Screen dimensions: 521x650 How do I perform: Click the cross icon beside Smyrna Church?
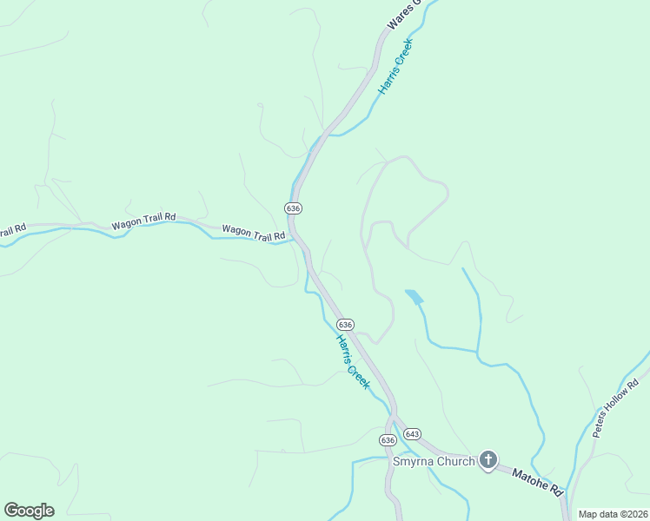click(488, 460)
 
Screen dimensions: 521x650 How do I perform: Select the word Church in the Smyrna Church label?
click(455, 461)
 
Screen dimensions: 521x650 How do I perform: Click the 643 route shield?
click(412, 433)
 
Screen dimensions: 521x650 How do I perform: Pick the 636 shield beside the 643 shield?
click(388, 440)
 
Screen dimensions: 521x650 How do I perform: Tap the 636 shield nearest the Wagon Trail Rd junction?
click(293, 208)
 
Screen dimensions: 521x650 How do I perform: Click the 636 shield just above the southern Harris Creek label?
click(345, 324)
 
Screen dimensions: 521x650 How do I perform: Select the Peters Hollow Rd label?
click(615, 407)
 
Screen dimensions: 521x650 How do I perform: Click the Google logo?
click(29, 511)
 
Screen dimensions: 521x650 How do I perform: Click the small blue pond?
click(414, 296)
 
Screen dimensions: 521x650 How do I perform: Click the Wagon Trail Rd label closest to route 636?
click(254, 233)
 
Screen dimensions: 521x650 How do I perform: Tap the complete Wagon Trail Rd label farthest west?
click(144, 221)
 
